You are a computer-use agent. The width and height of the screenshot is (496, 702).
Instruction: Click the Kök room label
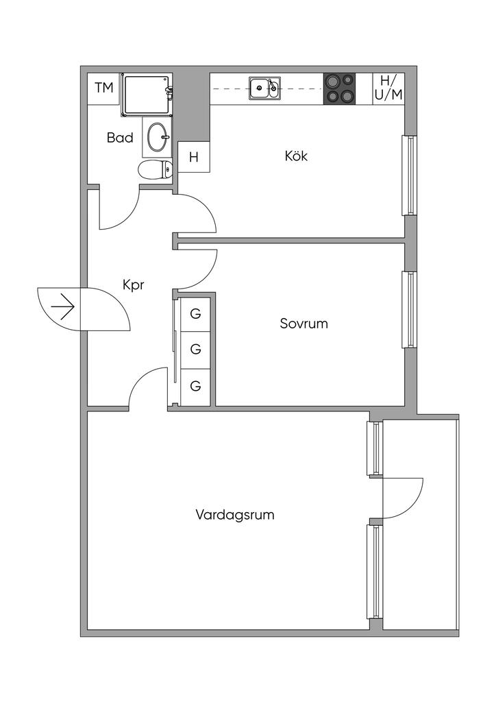pyautogui.click(x=296, y=156)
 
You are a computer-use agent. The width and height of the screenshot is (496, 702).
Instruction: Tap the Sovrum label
pyautogui.click(x=303, y=324)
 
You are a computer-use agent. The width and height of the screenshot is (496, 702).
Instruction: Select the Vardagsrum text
pyautogui.click(x=235, y=514)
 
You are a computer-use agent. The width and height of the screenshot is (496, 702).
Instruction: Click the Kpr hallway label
pyautogui.click(x=133, y=285)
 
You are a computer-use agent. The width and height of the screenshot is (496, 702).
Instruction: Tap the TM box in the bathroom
pyautogui.click(x=104, y=88)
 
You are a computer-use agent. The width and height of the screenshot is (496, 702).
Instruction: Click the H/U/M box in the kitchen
pyautogui.click(x=388, y=88)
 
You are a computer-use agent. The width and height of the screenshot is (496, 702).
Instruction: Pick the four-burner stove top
pyautogui.click(x=340, y=88)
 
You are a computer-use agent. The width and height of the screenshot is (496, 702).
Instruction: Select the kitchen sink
pyautogui.click(x=264, y=88)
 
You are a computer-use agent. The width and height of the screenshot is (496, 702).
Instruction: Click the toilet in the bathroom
pyautogui.click(x=155, y=169)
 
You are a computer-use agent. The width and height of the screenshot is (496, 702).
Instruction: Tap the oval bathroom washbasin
pyautogui.click(x=158, y=136)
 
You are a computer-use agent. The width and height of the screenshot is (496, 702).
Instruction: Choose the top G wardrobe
pyautogui.click(x=195, y=314)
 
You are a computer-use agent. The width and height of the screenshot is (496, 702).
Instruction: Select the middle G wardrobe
pyautogui.click(x=195, y=350)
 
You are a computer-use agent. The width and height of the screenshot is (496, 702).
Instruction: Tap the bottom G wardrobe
pyautogui.click(x=195, y=386)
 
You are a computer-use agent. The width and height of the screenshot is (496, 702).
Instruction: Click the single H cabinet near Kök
pyautogui.click(x=194, y=157)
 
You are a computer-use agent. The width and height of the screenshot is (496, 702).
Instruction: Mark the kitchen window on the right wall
pyautogui.click(x=408, y=175)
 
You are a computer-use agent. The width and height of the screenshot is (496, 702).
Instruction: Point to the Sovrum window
pyautogui.click(x=408, y=310)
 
